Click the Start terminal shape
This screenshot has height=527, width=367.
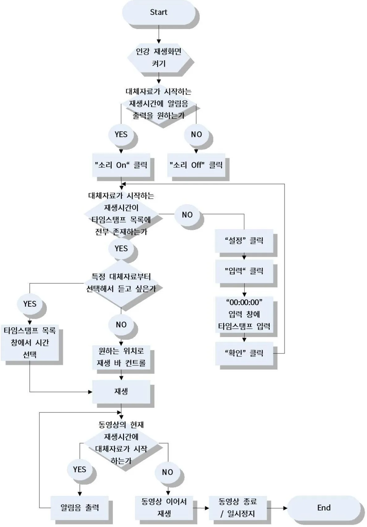click(159, 12)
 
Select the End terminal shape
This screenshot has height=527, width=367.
click(323, 508)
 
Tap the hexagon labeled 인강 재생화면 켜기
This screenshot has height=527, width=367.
click(159, 57)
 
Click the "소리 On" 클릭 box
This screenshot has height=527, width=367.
click(121, 165)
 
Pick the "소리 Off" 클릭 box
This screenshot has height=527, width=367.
click(196, 165)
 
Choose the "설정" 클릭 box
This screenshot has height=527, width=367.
click(244, 240)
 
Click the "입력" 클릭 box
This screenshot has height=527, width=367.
click(244, 271)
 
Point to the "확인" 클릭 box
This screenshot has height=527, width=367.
click(244, 353)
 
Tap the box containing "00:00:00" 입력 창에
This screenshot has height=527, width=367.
click(244, 314)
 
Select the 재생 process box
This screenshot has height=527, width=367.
click(121, 392)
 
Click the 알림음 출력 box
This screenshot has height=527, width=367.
click(79, 508)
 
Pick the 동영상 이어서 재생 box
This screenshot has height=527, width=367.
click(164, 508)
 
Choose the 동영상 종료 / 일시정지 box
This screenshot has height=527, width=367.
click(238, 508)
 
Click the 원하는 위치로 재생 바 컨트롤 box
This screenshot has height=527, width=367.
click(121, 357)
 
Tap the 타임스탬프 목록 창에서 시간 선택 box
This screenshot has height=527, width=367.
click(30, 342)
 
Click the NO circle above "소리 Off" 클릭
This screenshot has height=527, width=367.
click(196, 134)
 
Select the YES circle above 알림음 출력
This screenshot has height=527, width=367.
click(79, 470)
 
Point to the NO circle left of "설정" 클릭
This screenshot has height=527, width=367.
click(187, 215)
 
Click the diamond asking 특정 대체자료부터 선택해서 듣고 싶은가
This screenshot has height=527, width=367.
click(121, 283)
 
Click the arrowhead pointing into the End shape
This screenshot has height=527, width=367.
click(285, 508)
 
